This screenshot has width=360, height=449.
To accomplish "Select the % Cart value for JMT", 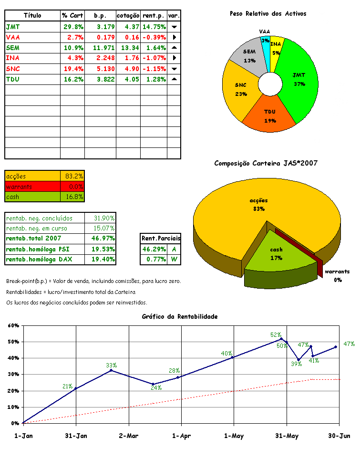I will pyautogui.click(x=73, y=27).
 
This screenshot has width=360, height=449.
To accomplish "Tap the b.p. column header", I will pyautogui.click(x=100, y=16).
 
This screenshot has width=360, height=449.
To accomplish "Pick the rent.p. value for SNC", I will pyautogui.click(x=154, y=69).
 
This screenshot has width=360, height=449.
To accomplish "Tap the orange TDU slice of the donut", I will pyautogui.click(x=269, y=117).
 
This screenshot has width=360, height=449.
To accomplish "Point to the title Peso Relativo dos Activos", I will pyautogui.click(x=268, y=14).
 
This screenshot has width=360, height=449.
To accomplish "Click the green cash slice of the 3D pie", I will pyautogui.click(x=276, y=253).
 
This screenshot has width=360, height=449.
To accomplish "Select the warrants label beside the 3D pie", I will pyautogui.click(x=338, y=272).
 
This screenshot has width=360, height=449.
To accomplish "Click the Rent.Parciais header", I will pyautogui.click(x=161, y=239).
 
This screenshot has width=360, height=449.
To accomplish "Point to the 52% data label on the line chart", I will pyautogui.click(x=276, y=335).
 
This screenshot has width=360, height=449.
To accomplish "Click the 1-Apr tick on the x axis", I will pyautogui.click(x=180, y=435).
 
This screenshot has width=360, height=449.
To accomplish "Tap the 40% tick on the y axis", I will pyautogui.click(x=13, y=358).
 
